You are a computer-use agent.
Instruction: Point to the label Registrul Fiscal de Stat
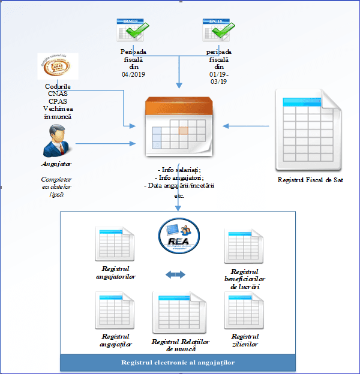[310, 179]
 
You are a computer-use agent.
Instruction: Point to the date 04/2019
[133, 75]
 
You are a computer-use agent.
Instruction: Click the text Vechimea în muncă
[57, 113]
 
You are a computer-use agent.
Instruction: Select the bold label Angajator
[56, 164]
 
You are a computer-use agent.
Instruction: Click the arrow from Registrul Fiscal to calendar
[246, 126]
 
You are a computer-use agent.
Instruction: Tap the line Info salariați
[179, 170]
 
